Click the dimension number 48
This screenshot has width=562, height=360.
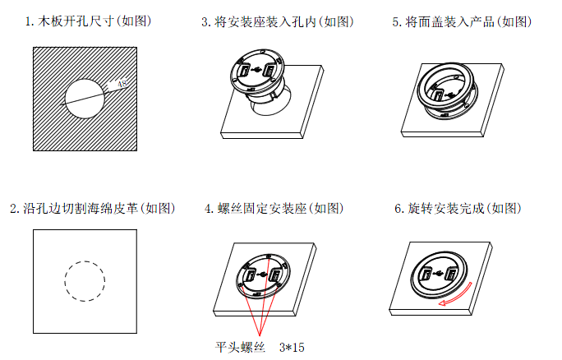(x=122, y=84)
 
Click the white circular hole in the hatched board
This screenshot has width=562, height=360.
(x=85, y=99)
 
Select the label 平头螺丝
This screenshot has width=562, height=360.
(x=240, y=347)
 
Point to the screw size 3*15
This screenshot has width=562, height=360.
(x=292, y=347)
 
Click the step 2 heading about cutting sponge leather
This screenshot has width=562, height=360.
(x=93, y=208)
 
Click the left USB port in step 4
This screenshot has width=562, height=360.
(x=250, y=275)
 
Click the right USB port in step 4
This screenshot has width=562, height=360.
(x=274, y=275)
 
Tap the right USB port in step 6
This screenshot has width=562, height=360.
(x=449, y=275)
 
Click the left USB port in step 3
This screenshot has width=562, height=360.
(x=245, y=71)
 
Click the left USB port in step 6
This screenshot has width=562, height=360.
(x=426, y=275)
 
